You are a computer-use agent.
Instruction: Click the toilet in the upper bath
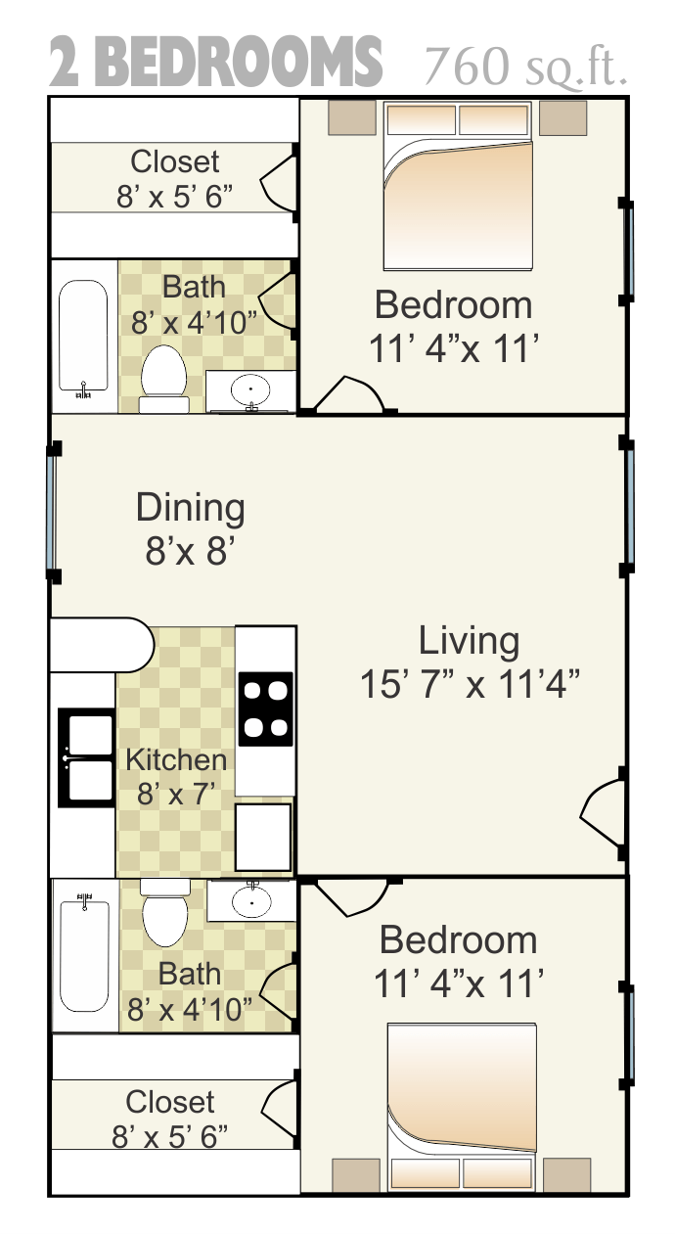click(163, 379)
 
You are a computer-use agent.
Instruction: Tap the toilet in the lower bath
click(164, 912)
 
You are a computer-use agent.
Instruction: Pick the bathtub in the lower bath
click(84, 952)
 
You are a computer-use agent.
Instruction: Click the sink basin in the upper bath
click(251, 388)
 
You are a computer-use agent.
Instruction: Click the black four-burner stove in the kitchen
click(265, 709)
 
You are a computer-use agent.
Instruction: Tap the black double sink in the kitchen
click(86, 758)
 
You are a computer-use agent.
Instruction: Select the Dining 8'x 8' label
click(191, 528)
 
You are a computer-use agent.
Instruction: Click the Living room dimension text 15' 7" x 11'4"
click(471, 684)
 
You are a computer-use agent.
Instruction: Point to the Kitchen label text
click(176, 759)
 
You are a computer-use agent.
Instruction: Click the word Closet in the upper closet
click(174, 161)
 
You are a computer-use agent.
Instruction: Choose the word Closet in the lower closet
click(169, 1102)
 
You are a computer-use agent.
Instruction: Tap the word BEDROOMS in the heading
click(243, 62)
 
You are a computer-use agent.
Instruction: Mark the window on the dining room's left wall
click(52, 512)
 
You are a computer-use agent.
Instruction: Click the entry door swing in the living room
click(602, 813)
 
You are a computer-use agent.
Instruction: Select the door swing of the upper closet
click(279, 182)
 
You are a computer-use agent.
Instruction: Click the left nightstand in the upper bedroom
click(352, 117)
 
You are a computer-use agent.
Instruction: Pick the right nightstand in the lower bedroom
click(567, 1174)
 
